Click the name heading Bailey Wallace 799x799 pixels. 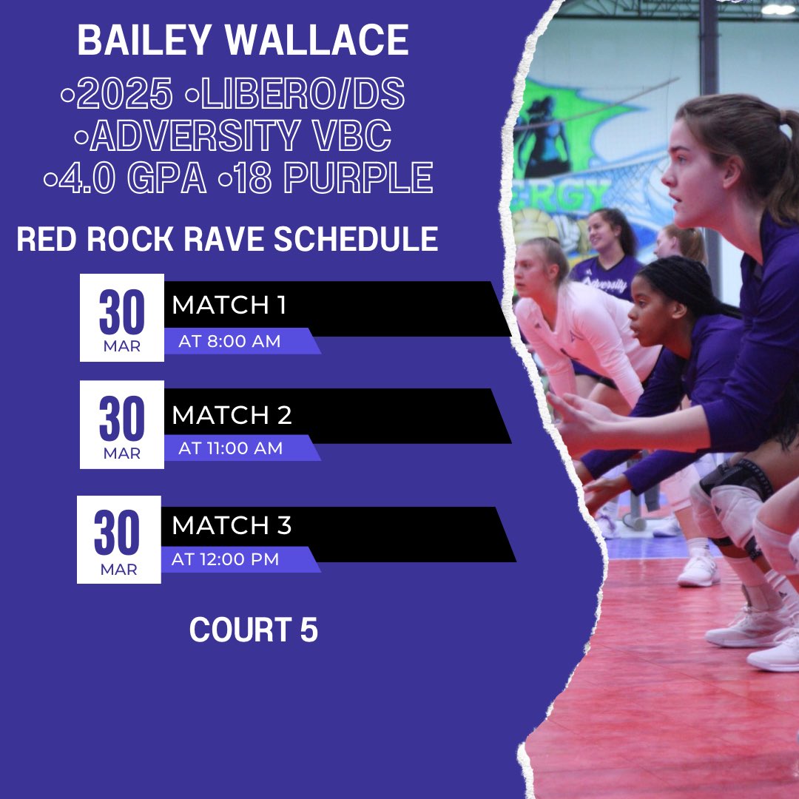click(243, 41)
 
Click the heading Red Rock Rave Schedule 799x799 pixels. click(227, 239)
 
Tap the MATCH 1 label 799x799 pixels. click(229, 305)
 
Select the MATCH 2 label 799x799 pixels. click(232, 415)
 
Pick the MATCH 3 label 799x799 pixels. click(232, 525)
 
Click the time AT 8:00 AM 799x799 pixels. click(229, 342)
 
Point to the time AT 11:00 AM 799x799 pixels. click(230, 448)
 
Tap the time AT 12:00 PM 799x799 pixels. click(225, 559)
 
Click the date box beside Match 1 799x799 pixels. click(122, 318)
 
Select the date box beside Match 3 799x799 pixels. click(119, 539)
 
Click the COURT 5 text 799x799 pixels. click(253, 630)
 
